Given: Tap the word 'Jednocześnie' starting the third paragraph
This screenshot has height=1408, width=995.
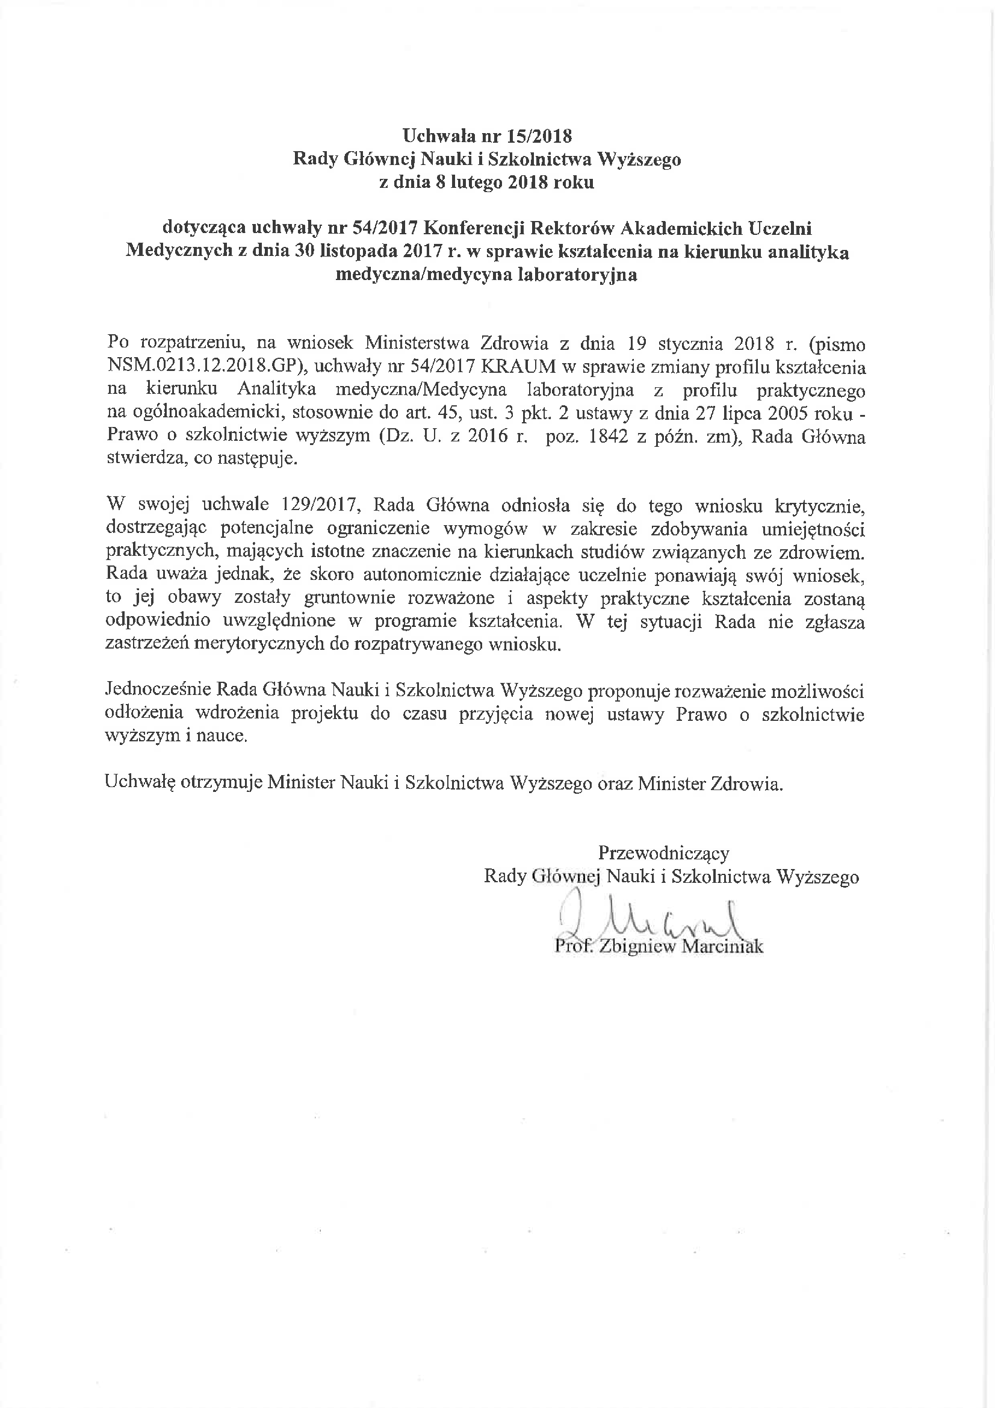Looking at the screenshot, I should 157,691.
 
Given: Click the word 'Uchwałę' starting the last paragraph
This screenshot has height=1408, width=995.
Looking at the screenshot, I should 140,783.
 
